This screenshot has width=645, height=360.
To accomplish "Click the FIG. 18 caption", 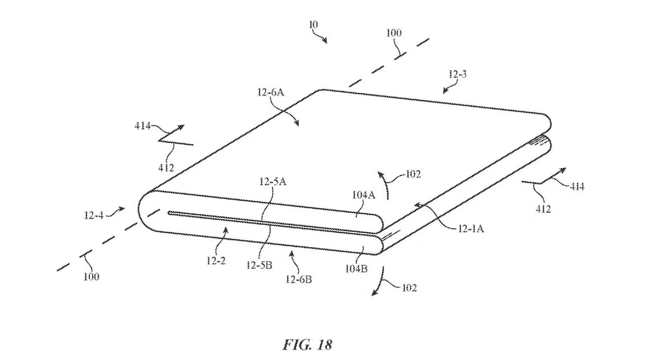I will (307, 345).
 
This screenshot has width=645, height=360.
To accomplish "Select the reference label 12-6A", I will (270, 92).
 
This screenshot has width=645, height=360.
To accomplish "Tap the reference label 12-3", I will (458, 74).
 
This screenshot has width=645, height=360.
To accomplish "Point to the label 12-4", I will (94, 215).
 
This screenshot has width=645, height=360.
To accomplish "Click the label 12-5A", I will (273, 182).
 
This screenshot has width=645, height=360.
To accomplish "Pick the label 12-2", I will (216, 260).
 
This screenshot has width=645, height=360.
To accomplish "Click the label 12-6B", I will (299, 280).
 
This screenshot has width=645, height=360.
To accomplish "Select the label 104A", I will (364, 195).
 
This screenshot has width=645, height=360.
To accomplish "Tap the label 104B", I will (356, 269).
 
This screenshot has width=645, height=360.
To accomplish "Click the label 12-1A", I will (470, 229).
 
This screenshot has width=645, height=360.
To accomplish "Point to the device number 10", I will (313, 25).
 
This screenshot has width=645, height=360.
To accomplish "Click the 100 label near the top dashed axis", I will (393, 33).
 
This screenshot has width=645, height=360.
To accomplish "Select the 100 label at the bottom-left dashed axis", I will (91, 277).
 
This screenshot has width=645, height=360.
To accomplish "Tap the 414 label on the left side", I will (142, 126).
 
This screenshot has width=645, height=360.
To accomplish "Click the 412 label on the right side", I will (543, 209).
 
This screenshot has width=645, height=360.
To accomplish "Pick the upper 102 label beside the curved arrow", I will (412, 174).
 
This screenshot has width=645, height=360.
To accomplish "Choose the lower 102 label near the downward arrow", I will (409, 288).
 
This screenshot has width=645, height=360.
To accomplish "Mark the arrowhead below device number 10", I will (326, 41).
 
